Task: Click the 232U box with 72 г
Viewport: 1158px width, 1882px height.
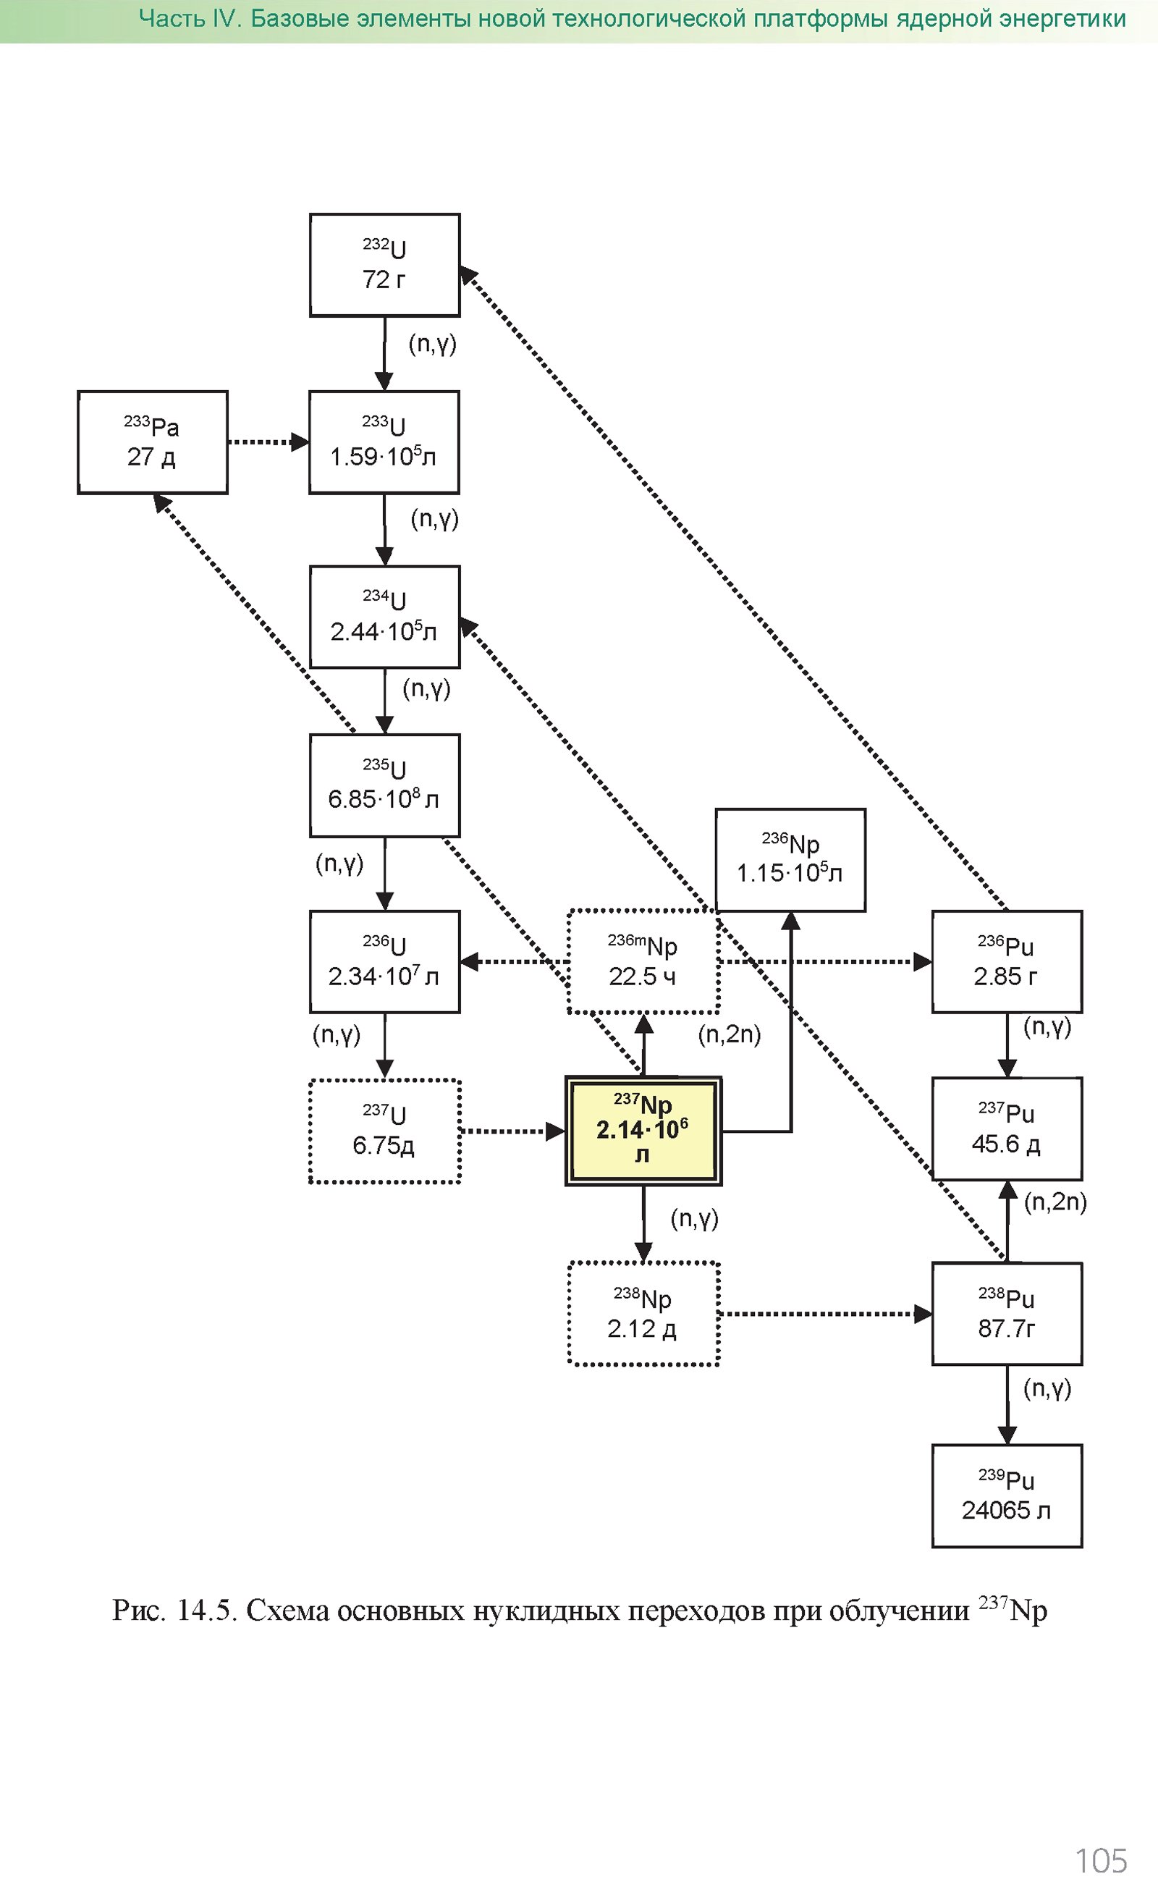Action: pyautogui.click(x=384, y=265)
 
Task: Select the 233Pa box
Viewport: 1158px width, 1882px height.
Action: pyautogui.click(x=153, y=442)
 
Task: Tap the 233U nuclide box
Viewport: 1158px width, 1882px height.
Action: pyautogui.click(x=384, y=442)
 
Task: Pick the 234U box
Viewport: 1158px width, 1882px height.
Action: pyautogui.click(x=384, y=617)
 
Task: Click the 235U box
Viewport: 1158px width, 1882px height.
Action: pyautogui.click(x=384, y=785)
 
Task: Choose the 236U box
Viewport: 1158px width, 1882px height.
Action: pyautogui.click(x=384, y=961)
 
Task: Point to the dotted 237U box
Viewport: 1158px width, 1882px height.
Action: pyautogui.click(x=384, y=1131)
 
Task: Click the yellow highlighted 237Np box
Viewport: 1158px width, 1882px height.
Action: pyautogui.click(x=643, y=1131)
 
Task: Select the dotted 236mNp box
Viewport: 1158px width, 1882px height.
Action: pyautogui.click(x=643, y=961)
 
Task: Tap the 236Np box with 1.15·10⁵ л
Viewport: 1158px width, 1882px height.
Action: pyautogui.click(x=790, y=859)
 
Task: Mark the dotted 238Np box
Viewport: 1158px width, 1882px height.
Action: pyautogui.click(x=643, y=1314)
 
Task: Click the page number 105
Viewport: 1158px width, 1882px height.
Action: pyautogui.click(x=1102, y=1860)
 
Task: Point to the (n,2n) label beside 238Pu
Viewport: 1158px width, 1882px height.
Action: pyautogui.click(x=1055, y=1202)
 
